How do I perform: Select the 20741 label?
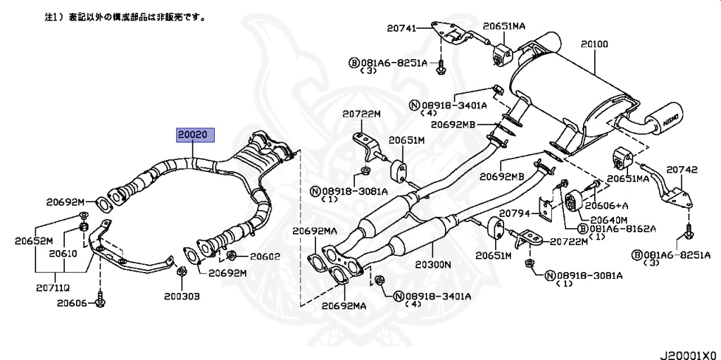pos(402,28)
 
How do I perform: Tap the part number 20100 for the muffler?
pos(594,44)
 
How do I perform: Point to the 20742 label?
pos(682,170)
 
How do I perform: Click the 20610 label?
pos(62,252)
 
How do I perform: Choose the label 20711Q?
pos(54,287)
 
